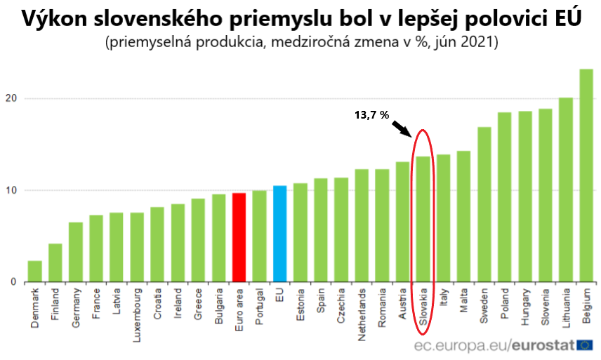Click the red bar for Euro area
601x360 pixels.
coord(239,237)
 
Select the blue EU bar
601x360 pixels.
coord(279,234)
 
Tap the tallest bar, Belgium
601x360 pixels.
coord(586,175)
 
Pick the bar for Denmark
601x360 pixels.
coord(35,272)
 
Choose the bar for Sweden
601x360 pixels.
coord(484,204)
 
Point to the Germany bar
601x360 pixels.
coord(75,252)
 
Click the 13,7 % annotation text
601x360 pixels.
coord(371,115)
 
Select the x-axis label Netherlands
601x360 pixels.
coord(362,314)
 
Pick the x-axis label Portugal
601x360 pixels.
coord(259,308)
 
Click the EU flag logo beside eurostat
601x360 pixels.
coord(584,345)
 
